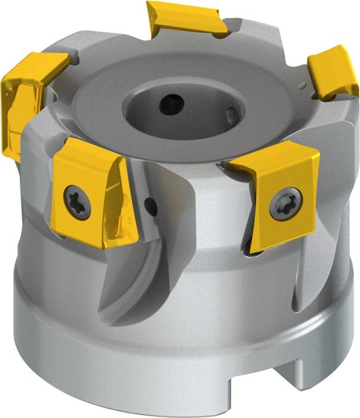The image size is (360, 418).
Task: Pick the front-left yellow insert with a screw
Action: [96, 191]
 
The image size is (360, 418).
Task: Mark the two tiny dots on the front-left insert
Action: [129, 222]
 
